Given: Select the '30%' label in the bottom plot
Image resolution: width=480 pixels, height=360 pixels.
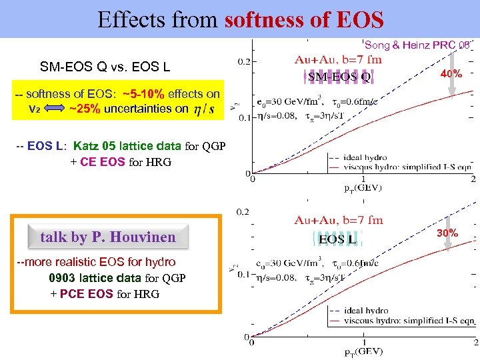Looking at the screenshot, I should [x=447, y=233].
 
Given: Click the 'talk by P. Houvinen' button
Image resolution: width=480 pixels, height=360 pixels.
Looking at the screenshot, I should [x=108, y=237].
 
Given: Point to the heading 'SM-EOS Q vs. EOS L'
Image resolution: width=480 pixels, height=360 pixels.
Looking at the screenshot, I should [x=105, y=67].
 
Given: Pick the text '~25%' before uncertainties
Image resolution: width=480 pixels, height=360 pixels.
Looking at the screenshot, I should [x=85, y=109].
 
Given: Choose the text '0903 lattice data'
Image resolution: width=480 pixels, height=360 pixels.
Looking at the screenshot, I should [x=89, y=278].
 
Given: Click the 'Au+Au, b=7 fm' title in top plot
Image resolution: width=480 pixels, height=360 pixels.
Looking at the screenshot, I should [x=339, y=59].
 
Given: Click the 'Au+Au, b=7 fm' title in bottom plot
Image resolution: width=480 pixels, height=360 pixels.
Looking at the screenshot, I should [x=339, y=220].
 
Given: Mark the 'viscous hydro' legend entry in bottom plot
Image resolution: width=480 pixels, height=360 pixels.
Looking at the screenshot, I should [x=409, y=321].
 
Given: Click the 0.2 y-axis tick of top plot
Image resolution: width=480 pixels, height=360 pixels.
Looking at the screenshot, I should [x=244, y=61].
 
